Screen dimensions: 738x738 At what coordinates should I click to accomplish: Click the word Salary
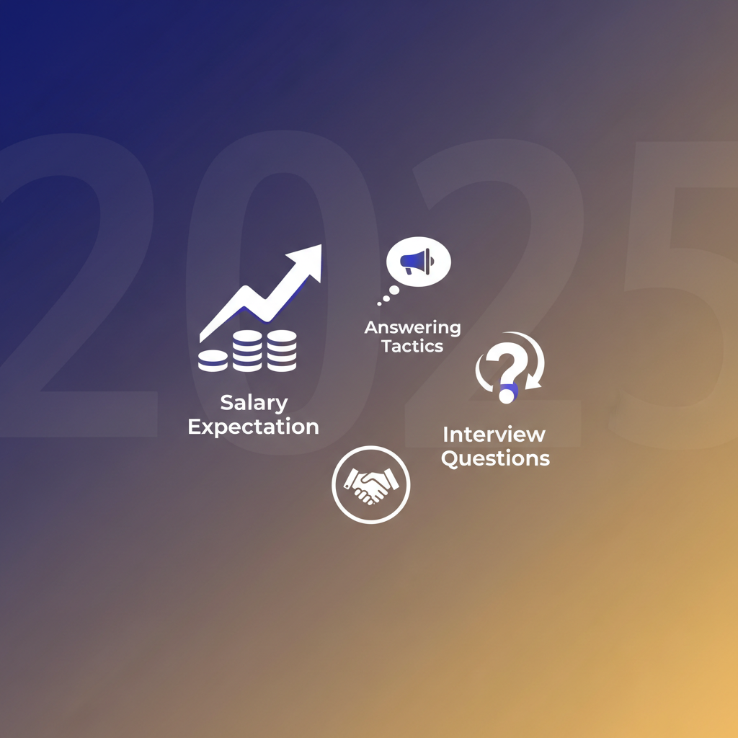click(254, 403)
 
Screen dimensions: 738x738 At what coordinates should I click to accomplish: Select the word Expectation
click(253, 427)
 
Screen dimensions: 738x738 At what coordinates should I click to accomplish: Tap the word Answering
click(412, 328)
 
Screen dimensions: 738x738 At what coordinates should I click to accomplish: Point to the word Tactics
click(412, 346)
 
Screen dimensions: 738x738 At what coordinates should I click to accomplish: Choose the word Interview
click(494, 435)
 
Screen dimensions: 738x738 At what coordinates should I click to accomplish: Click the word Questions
click(495, 458)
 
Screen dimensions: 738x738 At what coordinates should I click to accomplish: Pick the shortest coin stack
click(213, 360)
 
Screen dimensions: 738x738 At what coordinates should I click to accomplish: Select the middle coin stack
click(247, 350)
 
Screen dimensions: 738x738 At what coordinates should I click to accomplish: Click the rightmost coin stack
click(281, 350)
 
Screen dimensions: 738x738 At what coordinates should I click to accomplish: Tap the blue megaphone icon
click(417, 262)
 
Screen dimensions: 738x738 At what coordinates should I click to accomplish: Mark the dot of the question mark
click(507, 394)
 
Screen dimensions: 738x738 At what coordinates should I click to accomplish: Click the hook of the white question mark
click(508, 360)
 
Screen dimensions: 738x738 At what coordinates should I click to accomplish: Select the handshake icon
click(370, 484)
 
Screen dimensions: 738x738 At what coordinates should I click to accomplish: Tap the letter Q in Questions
click(450, 458)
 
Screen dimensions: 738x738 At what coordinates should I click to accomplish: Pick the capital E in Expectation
click(194, 427)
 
